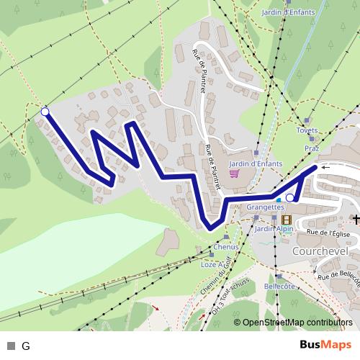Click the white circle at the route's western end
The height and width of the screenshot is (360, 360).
point(45,112)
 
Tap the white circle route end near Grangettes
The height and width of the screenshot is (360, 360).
point(290,197)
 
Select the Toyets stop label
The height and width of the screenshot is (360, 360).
point(307,131)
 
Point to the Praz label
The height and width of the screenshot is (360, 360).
point(312,148)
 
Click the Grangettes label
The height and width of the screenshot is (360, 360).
point(266,207)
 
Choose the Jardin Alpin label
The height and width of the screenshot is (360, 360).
point(274,229)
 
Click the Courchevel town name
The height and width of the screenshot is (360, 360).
point(320,251)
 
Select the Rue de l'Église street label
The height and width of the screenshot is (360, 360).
point(328,233)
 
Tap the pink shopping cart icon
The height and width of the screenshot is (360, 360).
point(234,174)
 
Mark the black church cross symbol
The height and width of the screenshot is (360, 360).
point(354,218)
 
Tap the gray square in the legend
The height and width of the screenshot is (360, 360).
point(11,346)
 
